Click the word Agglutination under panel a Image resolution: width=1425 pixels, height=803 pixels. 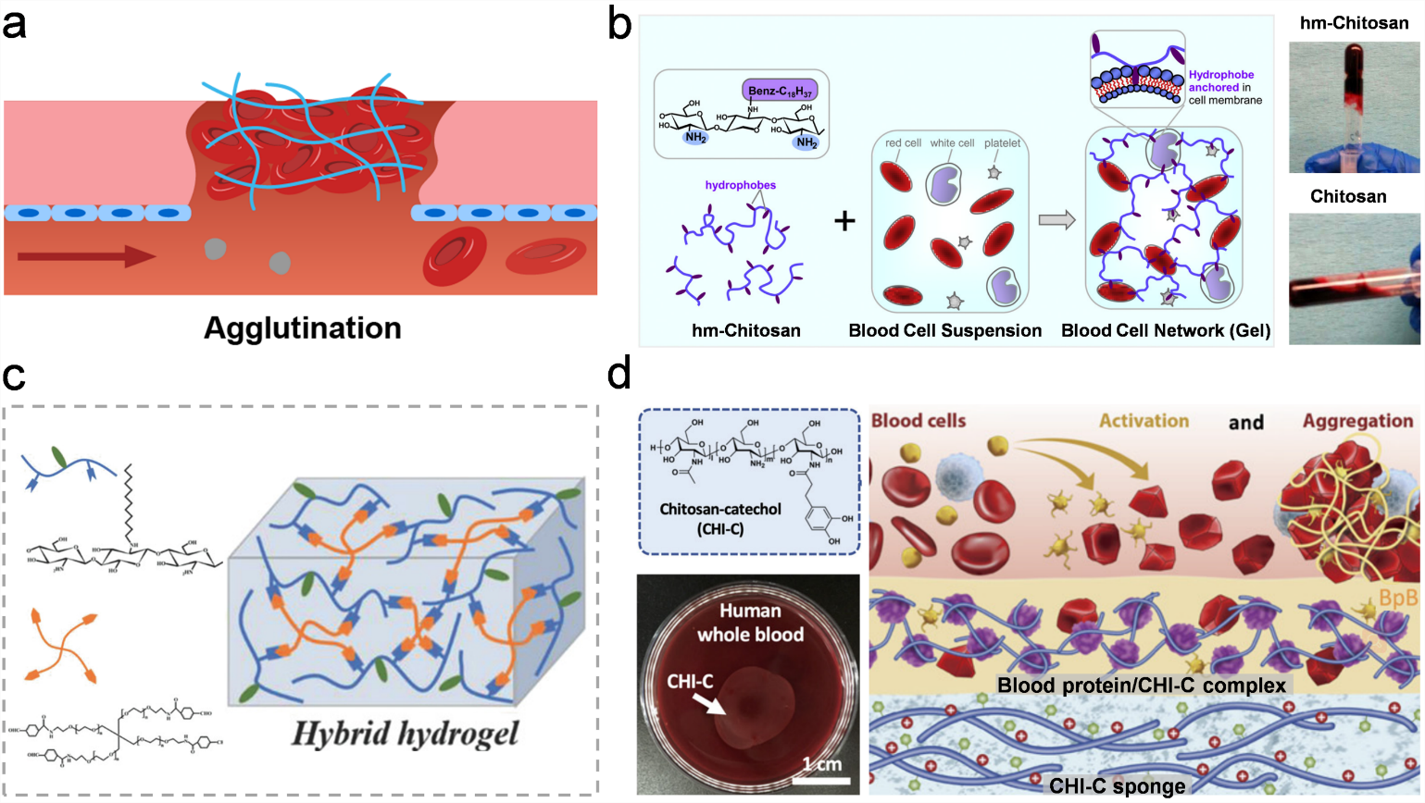click(303, 328)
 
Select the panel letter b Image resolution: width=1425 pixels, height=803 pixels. click(619, 24)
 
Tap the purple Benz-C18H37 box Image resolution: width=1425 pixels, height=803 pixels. click(780, 91)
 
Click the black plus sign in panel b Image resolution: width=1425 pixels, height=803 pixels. click(844, 221)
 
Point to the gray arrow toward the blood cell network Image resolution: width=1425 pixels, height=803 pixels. click(1056, 220)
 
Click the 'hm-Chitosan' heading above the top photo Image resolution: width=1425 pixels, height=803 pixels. click(1354, 23)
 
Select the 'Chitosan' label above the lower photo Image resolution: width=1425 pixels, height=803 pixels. click(1348, 196)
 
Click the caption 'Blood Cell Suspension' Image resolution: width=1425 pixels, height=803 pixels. click(944, 330)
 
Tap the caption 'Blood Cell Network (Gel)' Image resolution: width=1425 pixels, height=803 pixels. click(1166, 330)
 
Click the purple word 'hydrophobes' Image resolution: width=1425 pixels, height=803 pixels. click(741, 185)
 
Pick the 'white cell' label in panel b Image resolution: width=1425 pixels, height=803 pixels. click(952, 143)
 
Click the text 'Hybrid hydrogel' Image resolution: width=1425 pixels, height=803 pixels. click(405, 734)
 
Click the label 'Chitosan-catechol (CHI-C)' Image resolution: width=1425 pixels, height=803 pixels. click(720, 519)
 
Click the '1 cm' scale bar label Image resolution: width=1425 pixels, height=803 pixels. click(821, 764)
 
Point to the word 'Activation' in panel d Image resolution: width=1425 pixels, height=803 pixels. click(1144, 421)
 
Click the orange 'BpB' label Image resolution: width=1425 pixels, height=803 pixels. click(1398, 599)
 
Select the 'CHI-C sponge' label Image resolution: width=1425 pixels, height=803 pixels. click(1117, 786)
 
